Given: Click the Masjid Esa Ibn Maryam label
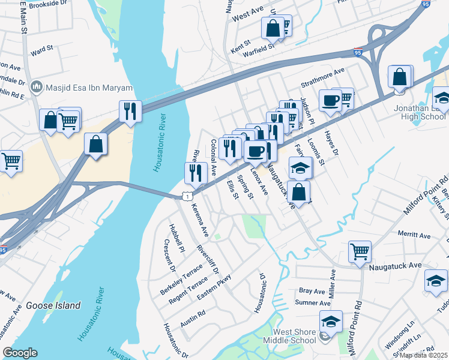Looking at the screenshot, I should point(89,88).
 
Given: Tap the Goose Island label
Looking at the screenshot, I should point(52,305).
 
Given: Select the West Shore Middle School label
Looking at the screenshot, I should point(294,336).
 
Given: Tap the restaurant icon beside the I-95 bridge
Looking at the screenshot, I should point(130,110).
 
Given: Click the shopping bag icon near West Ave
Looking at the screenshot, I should point(272,28).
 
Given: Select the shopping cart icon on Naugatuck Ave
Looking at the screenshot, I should point(360,251).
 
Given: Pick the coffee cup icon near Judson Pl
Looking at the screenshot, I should point(330,100).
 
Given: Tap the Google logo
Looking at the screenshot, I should point(20,353).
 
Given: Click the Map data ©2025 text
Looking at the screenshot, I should point(424,355).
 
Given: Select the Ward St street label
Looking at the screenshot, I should point(42,50).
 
